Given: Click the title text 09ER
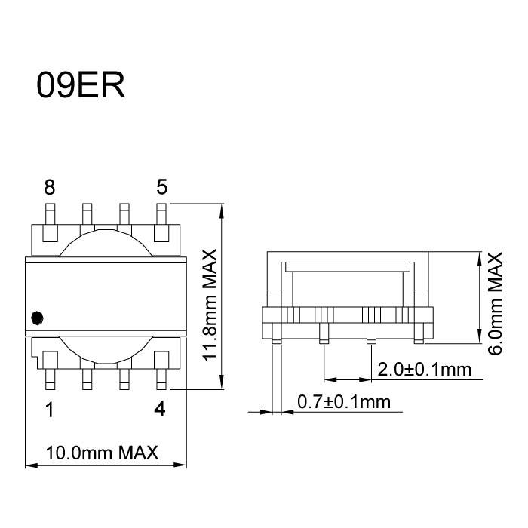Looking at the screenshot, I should point(80,85).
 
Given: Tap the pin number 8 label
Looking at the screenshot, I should point(49,186).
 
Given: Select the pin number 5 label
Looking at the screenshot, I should point(161,186).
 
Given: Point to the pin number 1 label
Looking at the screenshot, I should point(49,410).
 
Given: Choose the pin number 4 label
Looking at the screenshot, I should point(160,410).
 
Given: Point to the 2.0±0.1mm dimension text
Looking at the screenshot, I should point(424,370).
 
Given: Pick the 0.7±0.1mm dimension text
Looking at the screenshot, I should point(344,402).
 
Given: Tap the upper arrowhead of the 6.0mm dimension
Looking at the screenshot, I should point(480,258).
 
